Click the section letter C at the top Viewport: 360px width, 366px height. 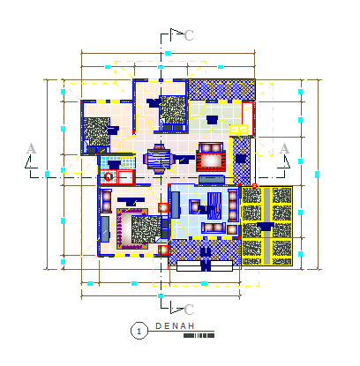pyautogui.click(x=189, y=35)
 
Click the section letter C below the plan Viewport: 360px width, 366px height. pyautogui.click(x=189, y=310)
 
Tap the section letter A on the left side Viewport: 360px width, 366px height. pyautogui.click(x=31, y=149)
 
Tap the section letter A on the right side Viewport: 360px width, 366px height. pyautogui.click(x=284, y=149)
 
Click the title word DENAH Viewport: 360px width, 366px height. pyautogui.click(x=174, y=325)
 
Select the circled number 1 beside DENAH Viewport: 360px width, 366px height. pyautogui.click(x=139, y=331)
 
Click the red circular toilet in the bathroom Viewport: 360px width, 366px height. pyautogui.click(x=109, y=176)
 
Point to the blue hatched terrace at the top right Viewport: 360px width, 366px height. pyautogui.click(x=222, y=90)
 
